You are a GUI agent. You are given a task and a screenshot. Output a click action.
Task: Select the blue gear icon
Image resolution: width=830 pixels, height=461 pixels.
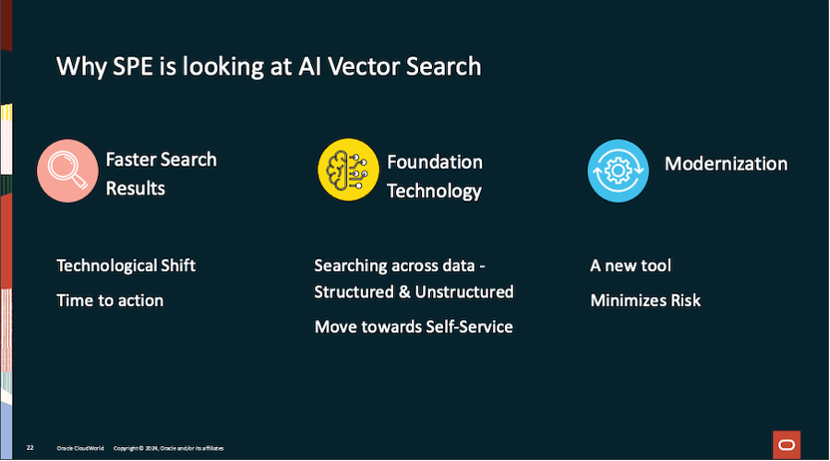point(617,170)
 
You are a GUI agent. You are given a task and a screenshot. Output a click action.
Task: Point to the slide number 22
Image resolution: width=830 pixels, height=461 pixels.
point(30,448)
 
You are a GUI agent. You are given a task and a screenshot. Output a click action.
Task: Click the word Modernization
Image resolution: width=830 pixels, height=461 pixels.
point(726,164)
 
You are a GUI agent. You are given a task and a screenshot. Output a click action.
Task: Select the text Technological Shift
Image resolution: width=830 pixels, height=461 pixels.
point(126,265)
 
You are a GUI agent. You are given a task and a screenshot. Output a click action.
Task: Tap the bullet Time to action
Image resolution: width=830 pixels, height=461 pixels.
point(110,299)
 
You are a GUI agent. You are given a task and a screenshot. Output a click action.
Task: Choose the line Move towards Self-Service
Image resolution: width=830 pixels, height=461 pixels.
point(414,326)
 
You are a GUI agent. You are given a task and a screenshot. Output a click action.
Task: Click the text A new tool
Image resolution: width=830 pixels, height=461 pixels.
point(630,265)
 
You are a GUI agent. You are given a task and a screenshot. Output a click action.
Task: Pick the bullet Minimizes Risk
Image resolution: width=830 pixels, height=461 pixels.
point(645,299)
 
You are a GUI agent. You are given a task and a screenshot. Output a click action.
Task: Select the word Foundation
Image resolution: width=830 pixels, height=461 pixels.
point(435,162)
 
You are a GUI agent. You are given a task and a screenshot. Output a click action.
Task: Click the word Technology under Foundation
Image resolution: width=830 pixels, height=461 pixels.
point(434,191)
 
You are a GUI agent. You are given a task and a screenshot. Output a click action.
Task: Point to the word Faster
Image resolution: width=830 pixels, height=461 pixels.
point(133,159)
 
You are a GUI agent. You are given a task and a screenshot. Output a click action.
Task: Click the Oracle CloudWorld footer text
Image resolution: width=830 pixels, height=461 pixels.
point(79,448)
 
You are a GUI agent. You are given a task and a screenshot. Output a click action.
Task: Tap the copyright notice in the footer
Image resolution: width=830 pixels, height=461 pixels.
point(168,448)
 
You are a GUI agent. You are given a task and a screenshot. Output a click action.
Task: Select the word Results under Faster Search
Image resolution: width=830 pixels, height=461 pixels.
point(136,188)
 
